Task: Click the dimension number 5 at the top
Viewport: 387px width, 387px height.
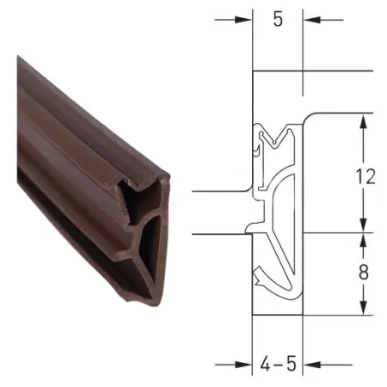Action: (278, 20)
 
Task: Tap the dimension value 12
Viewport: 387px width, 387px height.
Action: (365, 176)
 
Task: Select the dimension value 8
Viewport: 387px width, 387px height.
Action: (364, 272)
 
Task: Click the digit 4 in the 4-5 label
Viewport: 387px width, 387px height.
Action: (266, 365)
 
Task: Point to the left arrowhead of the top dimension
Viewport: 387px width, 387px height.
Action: (243, 20)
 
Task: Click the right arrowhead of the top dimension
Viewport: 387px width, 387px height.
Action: (312, 20)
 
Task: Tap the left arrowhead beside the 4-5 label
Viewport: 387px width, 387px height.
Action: (243, 365)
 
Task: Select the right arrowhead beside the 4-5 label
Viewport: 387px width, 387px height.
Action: (312, 365)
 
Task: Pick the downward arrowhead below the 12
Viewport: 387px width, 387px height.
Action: (363, 224)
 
